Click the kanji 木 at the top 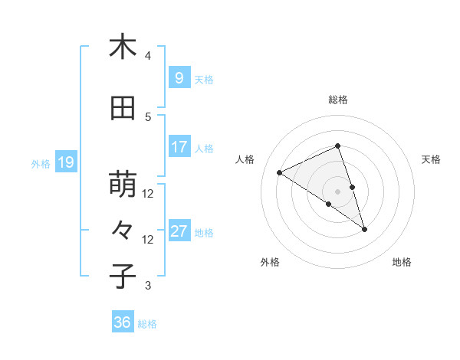pos(123,47)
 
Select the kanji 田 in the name pos(123,109)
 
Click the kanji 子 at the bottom pos(123,277)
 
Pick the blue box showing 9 pos(179,78)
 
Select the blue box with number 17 pos(179,147)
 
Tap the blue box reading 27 pos(179,231)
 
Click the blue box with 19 pos(65,162)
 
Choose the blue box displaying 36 pos(122,323)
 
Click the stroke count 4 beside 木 pos(148,56)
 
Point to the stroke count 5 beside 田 pos(148,117)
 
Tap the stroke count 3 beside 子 pos(148,286)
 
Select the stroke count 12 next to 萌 pos(148,194)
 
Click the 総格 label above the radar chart pos(337,100)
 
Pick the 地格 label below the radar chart pos(402,263)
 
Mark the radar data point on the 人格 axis pos(280,172)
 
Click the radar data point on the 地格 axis pos(364,229)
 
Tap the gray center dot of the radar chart pos(337,191)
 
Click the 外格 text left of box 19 pos(41,163)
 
